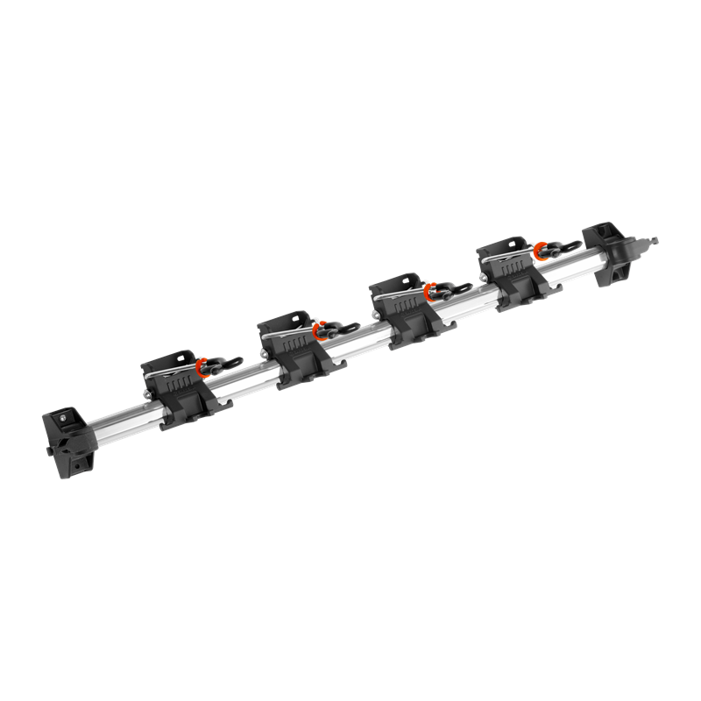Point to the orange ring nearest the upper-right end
pyautogui.click(x=543, y=249)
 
